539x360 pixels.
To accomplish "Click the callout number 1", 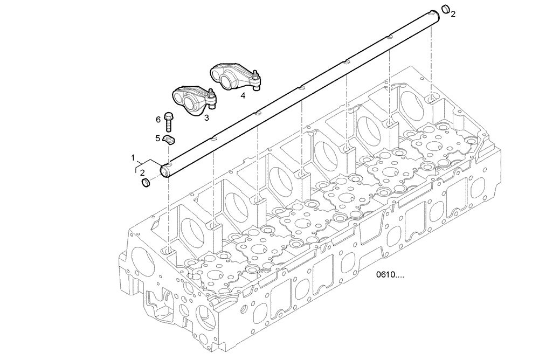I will [x=133, y=157].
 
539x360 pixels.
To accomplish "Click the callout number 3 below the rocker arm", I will [x=206, y=116].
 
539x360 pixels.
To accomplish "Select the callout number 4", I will [x=243, y=95].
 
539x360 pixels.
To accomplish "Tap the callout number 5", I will [x=158, y=138].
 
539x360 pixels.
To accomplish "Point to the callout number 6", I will [x=158, y=119].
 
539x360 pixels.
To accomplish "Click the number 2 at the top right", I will [x=453, y=13].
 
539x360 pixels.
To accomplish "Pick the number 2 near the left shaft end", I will [x=142, y=172].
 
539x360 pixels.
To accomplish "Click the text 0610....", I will [x=391, y=276].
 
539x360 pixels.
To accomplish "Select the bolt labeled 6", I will [x=169, y=121].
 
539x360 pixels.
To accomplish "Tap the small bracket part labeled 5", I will [x=170, y=141].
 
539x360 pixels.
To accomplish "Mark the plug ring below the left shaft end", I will [x=146, y=185].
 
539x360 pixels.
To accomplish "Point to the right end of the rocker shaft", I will [x=436, y=13].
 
